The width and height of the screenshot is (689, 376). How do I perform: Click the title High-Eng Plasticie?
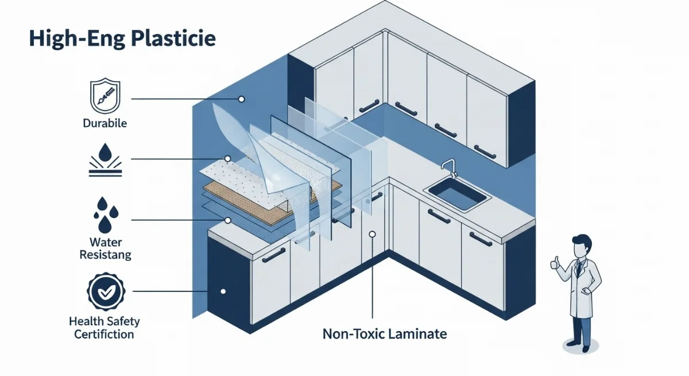122,39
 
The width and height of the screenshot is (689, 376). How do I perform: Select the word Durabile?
104,123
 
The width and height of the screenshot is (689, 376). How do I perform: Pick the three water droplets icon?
104,214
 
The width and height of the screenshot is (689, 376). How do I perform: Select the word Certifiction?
104,334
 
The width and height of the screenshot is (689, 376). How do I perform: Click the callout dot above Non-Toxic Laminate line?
373,234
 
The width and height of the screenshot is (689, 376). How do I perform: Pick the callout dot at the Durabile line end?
242,99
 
